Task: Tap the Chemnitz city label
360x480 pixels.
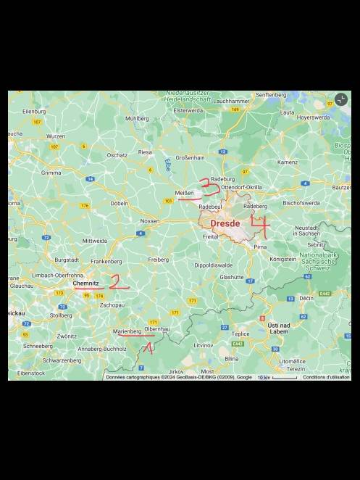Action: [85, 283]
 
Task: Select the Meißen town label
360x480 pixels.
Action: [184, 192]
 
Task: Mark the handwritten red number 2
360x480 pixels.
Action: [117, 282]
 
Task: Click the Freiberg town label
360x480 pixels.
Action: [158, 259]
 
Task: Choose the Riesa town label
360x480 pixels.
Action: [145, 152]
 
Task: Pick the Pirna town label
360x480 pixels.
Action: [260, 247]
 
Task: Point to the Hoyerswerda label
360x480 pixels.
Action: [314, 117]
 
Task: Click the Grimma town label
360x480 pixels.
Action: [51, 173]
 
